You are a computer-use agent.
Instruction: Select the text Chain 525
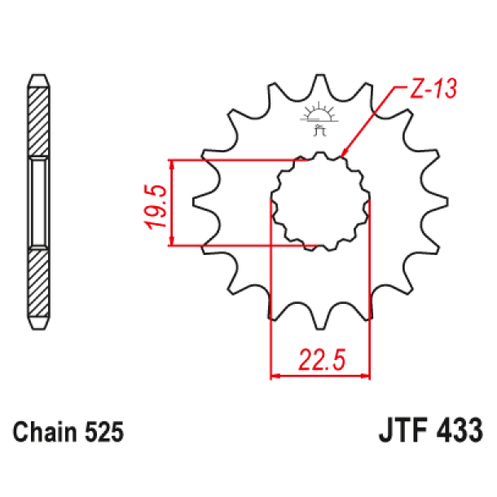click(68, 433)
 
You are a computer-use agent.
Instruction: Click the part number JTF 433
click(430, 430)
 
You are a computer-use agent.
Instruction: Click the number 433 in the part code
click(460, 430)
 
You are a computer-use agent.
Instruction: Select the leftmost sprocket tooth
click(200, 200)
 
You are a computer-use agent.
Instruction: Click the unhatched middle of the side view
click(38, 203)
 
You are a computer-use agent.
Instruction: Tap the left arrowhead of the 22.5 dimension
click(275, 376)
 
